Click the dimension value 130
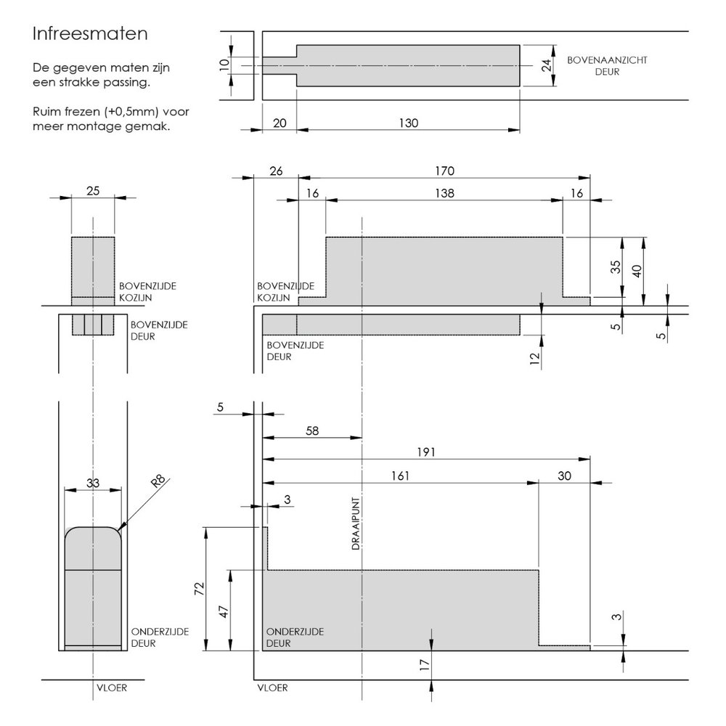click(409, 123)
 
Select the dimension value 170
click(444, 171)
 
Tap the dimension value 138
click(444, 193)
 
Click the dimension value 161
click(400, 476)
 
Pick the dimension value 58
click(312, 431)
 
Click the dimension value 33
click(93, 483)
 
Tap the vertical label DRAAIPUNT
click(356, 523)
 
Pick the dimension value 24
click(547, 65)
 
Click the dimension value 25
click(93, 191)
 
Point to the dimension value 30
click(564, 476)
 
